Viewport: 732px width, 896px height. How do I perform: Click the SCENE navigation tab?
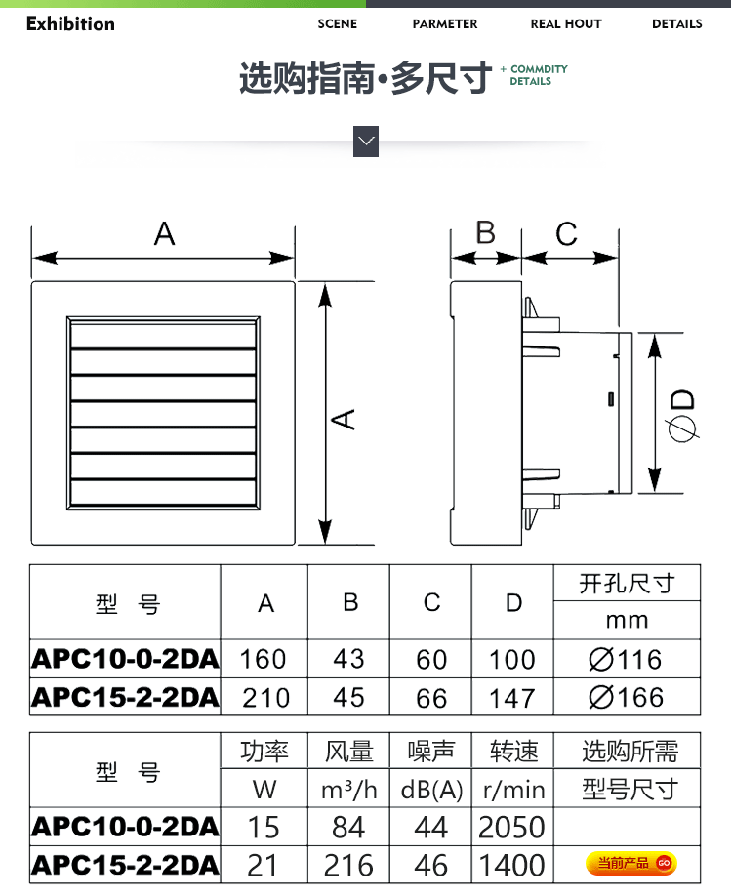[337, 24]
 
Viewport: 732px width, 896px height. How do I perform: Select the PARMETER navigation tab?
[445, 24]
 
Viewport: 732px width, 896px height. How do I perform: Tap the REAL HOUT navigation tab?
[566, 24]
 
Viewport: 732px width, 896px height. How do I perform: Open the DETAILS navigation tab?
[676, 24]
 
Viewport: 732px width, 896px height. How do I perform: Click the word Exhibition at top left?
[70, 23]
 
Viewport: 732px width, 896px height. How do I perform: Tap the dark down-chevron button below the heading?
[366, 142]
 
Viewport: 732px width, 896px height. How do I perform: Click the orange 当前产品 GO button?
[630, 863]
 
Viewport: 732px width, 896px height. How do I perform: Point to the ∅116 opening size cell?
[626, 660]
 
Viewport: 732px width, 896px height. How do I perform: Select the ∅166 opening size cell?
[626, 697]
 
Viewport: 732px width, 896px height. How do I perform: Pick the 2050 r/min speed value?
[511, 827]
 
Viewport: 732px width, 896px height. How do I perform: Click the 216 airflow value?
[348, 865]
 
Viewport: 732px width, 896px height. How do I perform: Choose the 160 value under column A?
[263, 660]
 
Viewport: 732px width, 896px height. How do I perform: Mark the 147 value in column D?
[512, 698]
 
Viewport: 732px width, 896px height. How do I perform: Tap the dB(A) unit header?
[431, 791]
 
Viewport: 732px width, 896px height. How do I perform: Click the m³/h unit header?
[349, 791]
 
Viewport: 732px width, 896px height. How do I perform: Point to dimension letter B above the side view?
[486, 232]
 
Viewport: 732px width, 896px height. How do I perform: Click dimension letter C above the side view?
[566, 233]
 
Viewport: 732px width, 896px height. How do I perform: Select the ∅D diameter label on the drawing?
[682, 416]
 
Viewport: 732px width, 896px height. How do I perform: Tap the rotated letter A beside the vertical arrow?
[344, 420]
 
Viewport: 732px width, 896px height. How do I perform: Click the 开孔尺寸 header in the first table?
[627, 584]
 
